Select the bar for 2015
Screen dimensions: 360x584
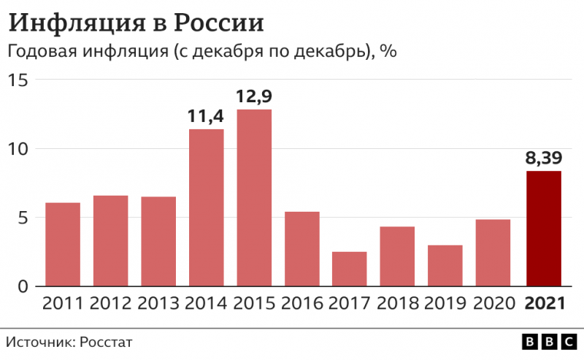[254, 197]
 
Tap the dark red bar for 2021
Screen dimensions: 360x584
[544, 228]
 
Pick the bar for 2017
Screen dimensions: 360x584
[350, 268]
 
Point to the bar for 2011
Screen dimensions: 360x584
[63, 244]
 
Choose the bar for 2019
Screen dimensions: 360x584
[445, 265]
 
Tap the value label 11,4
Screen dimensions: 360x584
[206, 116]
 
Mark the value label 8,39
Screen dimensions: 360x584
[544, 158]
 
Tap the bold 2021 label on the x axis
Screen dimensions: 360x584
[545, 303]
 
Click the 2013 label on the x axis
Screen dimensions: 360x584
[158, 303]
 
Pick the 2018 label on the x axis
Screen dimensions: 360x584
[398, 303]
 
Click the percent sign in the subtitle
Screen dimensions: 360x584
[388, 53]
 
